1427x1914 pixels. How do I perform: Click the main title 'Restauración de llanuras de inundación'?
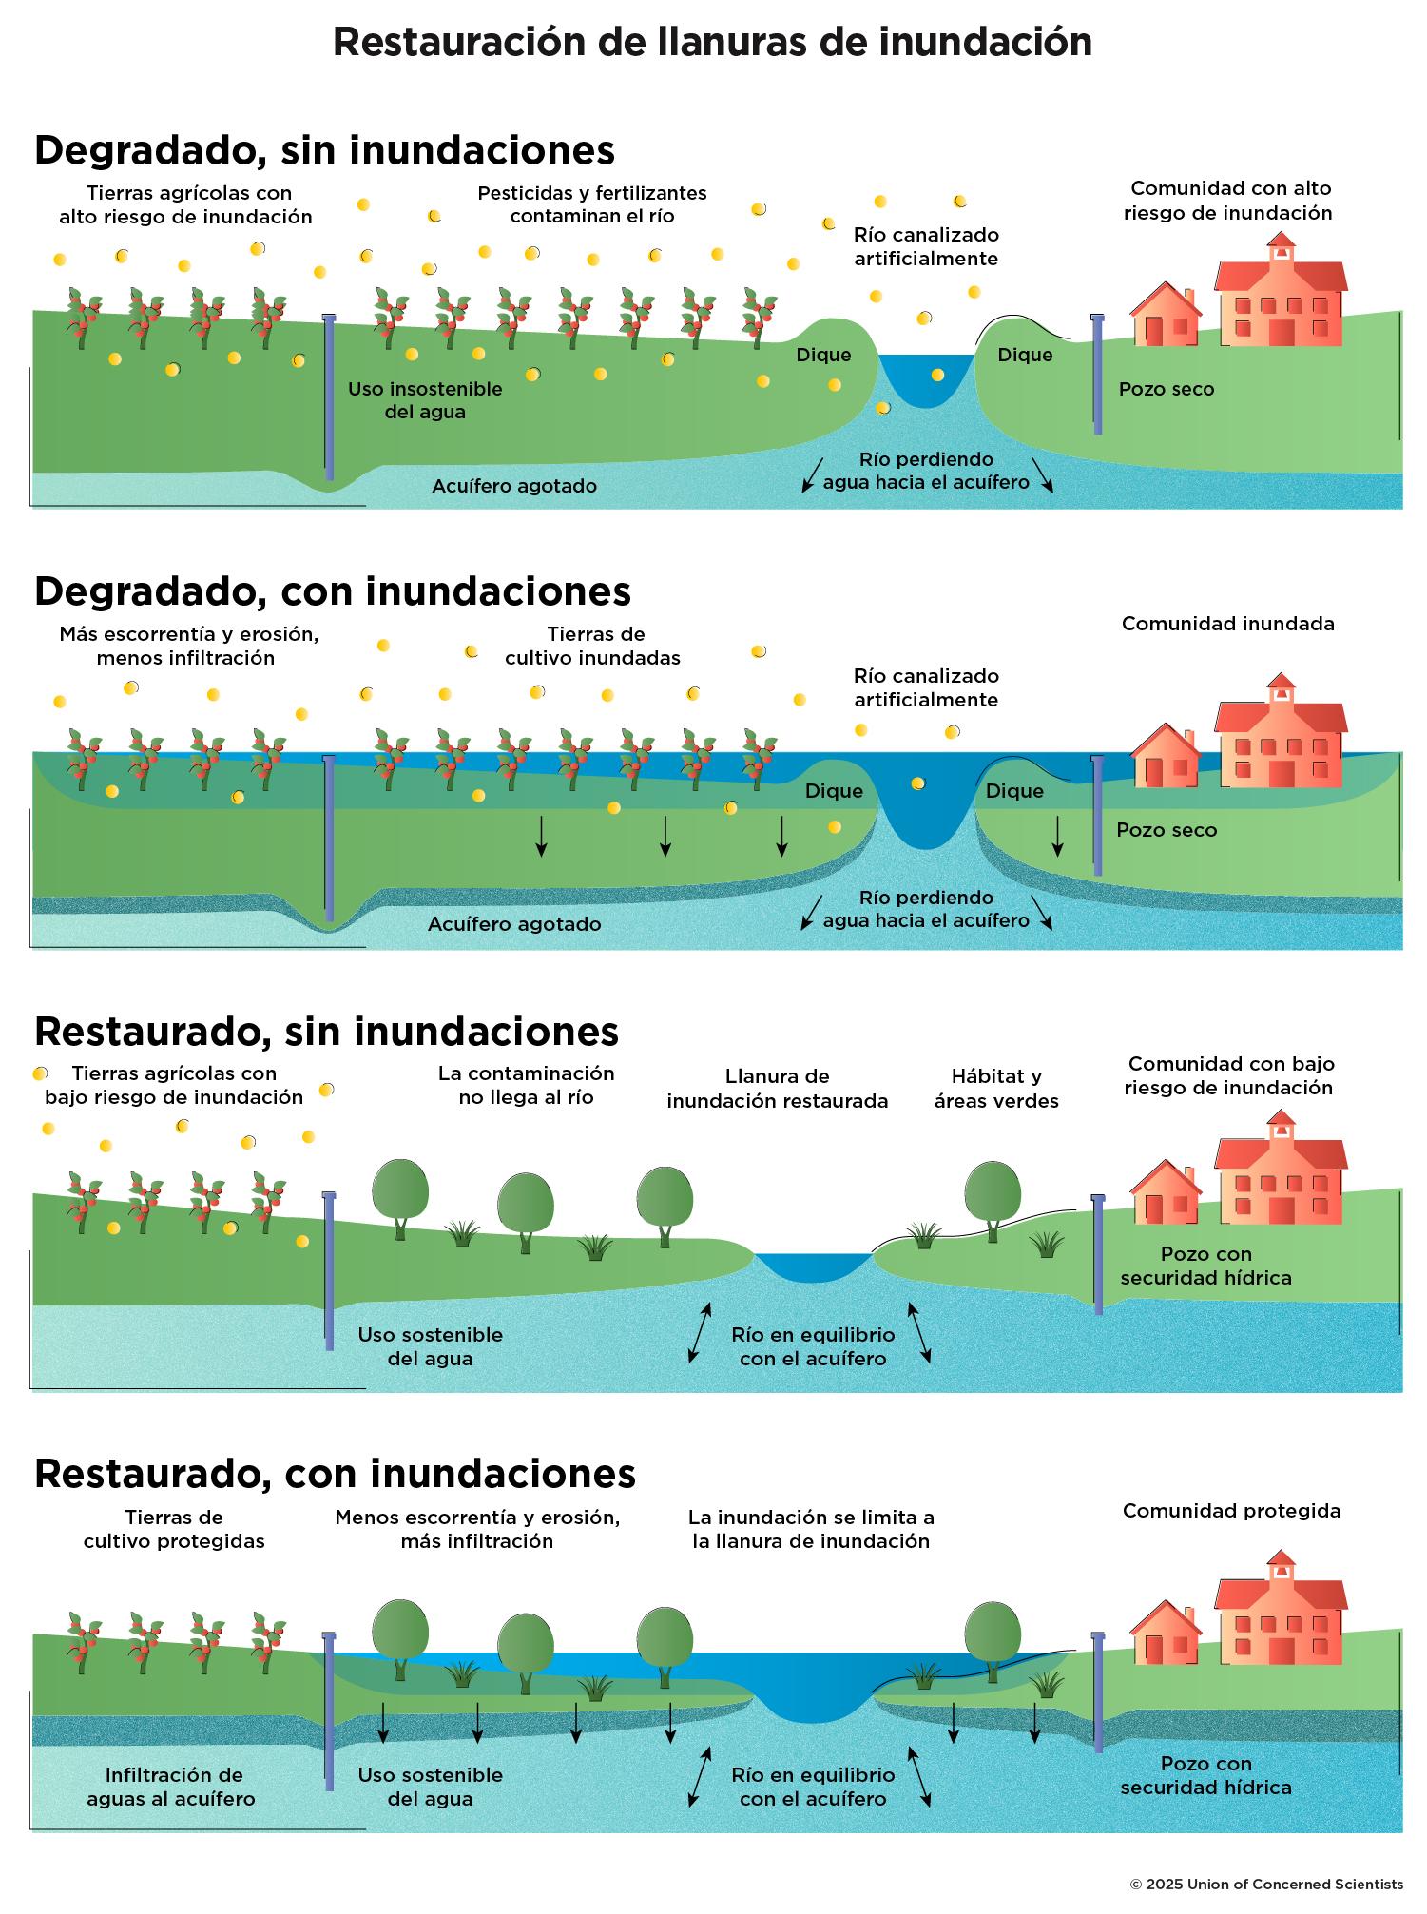pos(712,43)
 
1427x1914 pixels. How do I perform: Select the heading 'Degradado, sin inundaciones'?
pos(324,150)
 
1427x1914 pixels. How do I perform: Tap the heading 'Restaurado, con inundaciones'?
pos(335,1473)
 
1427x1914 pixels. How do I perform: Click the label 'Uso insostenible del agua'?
pos(424,400)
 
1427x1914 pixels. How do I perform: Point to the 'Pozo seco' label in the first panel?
pos(1166,389)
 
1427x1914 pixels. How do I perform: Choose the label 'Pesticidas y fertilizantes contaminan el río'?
pos(592,204)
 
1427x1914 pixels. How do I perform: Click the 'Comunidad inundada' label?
pos(1227,624)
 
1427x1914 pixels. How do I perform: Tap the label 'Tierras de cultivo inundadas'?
pos(592,646)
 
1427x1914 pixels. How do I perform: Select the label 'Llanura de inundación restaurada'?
pos(777,1089)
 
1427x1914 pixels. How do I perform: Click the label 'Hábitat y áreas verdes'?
pos(995,1089)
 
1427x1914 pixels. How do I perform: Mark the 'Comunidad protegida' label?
pos(1231,1511)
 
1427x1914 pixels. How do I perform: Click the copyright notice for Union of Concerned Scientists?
pos(1265,1884)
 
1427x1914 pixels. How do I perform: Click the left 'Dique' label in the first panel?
pos(823,355)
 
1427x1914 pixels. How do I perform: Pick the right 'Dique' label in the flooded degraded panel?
pos(1014,791)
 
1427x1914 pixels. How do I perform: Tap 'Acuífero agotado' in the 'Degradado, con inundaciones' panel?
pos(514,924)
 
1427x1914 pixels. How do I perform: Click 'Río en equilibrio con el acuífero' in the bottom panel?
pos(813,1787)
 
